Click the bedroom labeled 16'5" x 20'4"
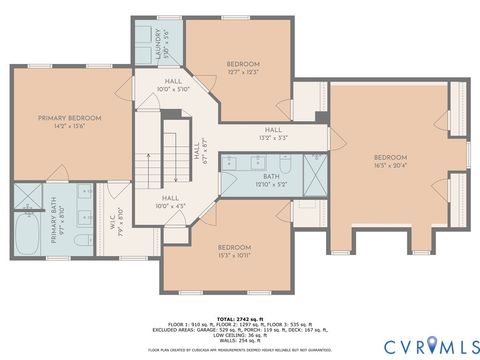pos(390,160)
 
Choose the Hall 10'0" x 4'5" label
pos(170,203)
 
